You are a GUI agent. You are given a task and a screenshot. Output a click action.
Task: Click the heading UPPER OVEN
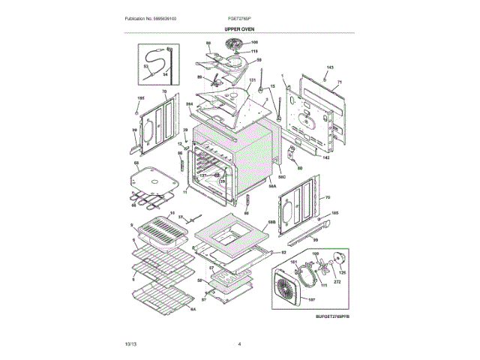coord(239,28)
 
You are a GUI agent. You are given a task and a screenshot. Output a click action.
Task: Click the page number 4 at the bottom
coord(239,343)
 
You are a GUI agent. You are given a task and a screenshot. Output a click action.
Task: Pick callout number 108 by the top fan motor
coord(253,42)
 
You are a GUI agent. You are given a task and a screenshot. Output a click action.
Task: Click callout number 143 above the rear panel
coord(328,68)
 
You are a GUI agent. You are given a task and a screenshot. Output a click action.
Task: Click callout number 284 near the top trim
coord(190,104)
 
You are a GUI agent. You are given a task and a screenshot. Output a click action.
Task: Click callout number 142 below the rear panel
coord(325,158)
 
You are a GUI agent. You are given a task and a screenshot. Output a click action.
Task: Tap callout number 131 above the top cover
coord(253,80)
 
